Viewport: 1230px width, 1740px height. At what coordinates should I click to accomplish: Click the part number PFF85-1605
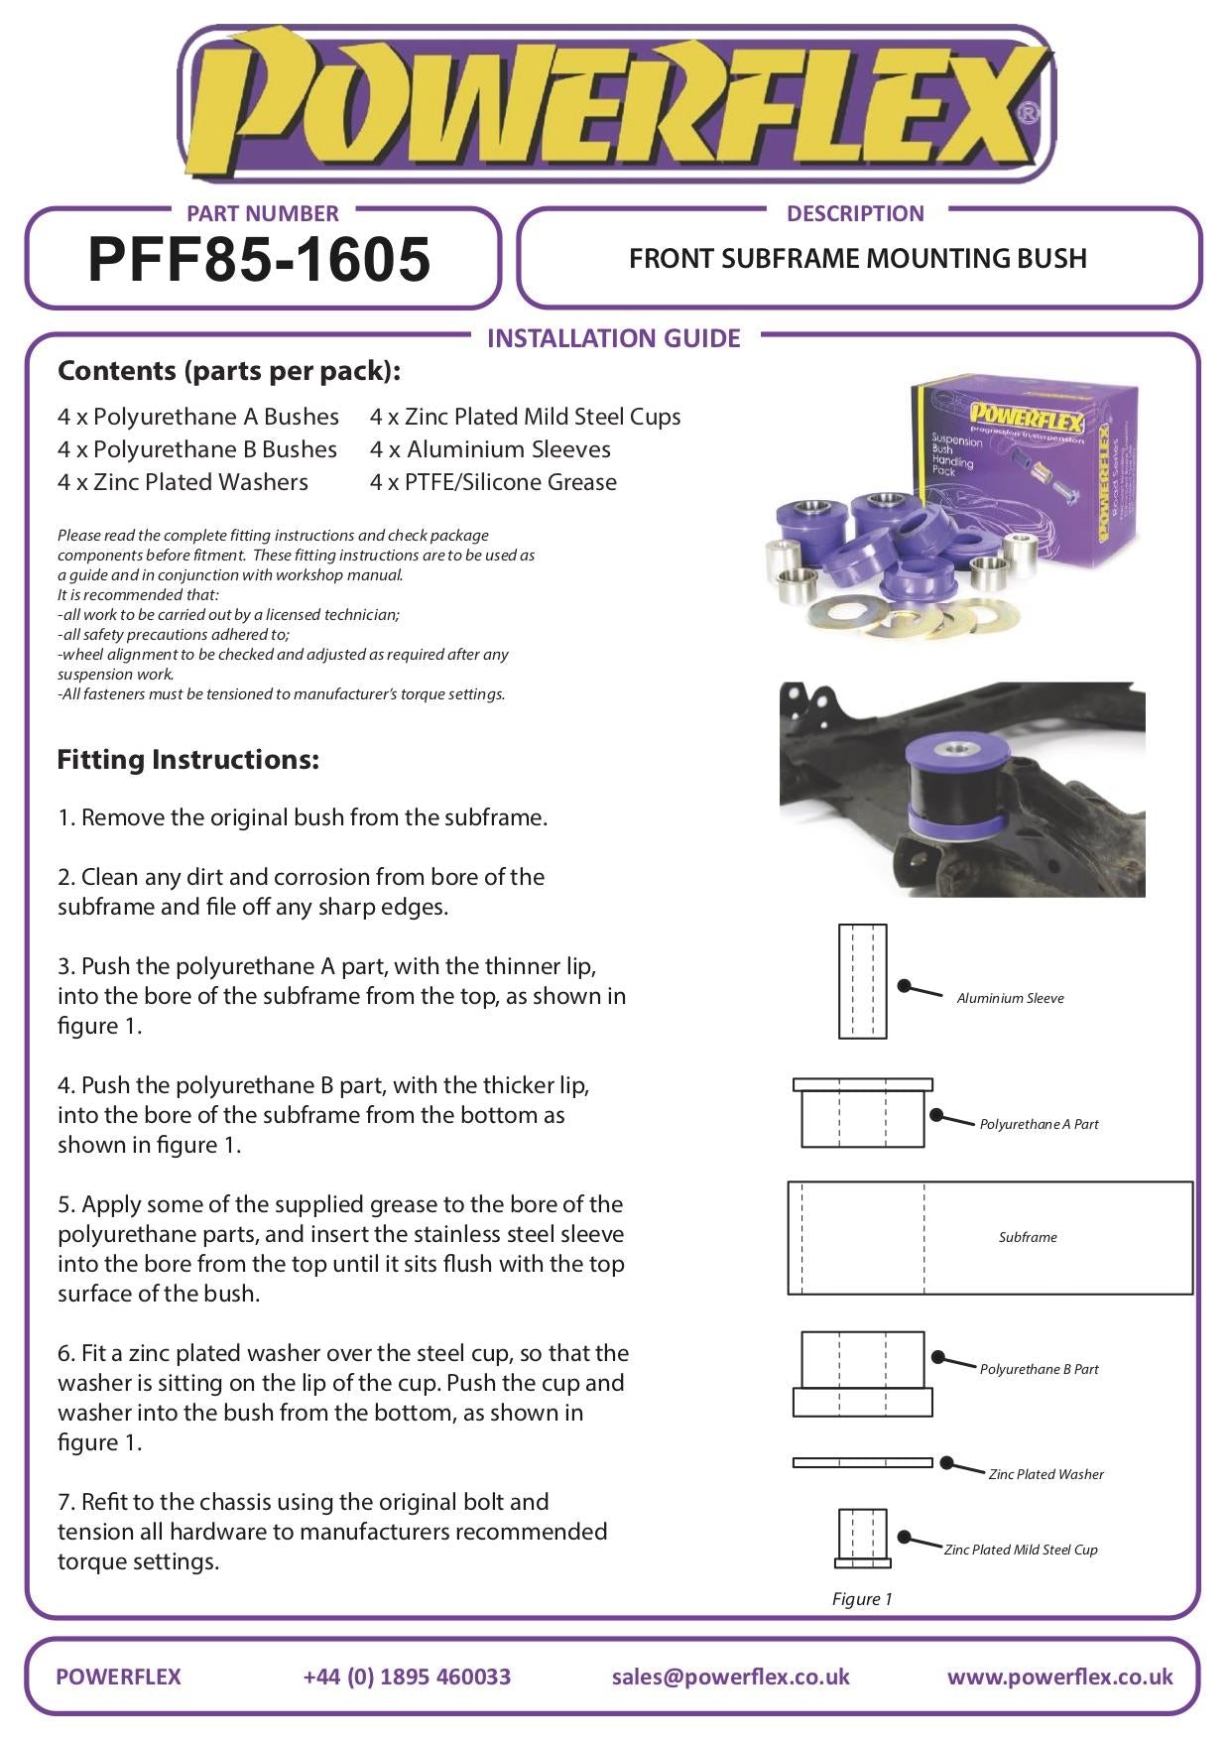coord(259,260)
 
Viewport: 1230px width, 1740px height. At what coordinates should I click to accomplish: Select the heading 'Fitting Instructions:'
coord(188,760)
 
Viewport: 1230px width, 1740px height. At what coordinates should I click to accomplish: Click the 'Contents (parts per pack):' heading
coord(229,371)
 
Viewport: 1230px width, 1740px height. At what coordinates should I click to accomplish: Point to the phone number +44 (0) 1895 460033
coord(407,1677)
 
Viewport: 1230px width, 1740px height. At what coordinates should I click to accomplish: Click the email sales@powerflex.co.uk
coord(730,1677)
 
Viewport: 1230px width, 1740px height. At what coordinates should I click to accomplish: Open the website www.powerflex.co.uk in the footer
coord(1059,1677)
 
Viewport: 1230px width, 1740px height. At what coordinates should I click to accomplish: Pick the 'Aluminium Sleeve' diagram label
coord(1010,998)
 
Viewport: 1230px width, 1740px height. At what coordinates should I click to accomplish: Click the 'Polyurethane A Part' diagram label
coord(1039,1124)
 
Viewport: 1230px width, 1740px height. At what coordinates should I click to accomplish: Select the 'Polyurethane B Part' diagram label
coord(1039,1369)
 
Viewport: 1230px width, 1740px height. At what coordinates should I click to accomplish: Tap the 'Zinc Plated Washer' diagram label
coord(1045,1474)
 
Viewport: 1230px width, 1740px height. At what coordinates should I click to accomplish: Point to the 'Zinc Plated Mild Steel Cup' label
coord(1021,1550)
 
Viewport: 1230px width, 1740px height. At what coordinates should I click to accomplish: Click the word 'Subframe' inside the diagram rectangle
coord(1028,1237)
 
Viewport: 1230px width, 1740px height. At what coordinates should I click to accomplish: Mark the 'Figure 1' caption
coord(862,1598)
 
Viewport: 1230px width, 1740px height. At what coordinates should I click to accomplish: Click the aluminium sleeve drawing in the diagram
coord(862,981)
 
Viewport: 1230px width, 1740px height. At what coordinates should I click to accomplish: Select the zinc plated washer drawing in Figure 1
coord(862,1462)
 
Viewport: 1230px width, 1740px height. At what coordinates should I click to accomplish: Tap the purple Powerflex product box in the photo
coord(1022,466)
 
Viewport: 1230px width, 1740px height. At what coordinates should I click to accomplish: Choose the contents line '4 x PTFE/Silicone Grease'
coord(493,482)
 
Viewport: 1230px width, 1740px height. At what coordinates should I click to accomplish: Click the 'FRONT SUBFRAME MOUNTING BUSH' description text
coord(858,259)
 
